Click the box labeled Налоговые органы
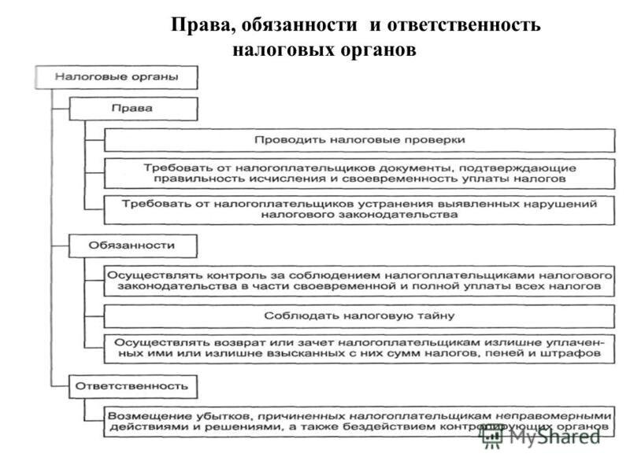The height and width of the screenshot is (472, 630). tap(116, 77)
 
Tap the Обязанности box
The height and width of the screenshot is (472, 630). tap(132, 245)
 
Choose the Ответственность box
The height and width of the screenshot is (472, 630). tap(132, 385)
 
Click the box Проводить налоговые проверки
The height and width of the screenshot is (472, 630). tap(359, 139)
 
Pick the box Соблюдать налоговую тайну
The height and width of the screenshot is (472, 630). tap(359, 315)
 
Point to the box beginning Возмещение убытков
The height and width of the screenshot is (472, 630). tap(359, 421)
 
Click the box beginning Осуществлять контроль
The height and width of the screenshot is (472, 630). tap(359, 282)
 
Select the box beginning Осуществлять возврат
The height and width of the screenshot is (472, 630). tap(359, 349)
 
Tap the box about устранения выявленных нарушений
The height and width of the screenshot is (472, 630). tap(359, 208)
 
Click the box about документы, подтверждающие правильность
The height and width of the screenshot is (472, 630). tap(359, 173)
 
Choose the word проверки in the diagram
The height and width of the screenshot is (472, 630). tap(436, 139)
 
